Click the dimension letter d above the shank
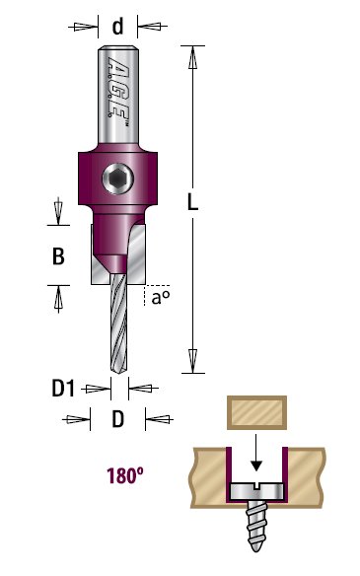(x=117, y=27)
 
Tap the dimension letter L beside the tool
(x=193, y=201)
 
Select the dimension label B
(x=58, y=256)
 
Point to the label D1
(x=63, y=388)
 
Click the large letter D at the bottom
(x=118, y=419)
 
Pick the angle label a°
(x=161, y=298)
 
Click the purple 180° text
(x=125, y=475)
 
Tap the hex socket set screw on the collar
(x=117, y=179)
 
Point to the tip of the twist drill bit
(x=119, y=373)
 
